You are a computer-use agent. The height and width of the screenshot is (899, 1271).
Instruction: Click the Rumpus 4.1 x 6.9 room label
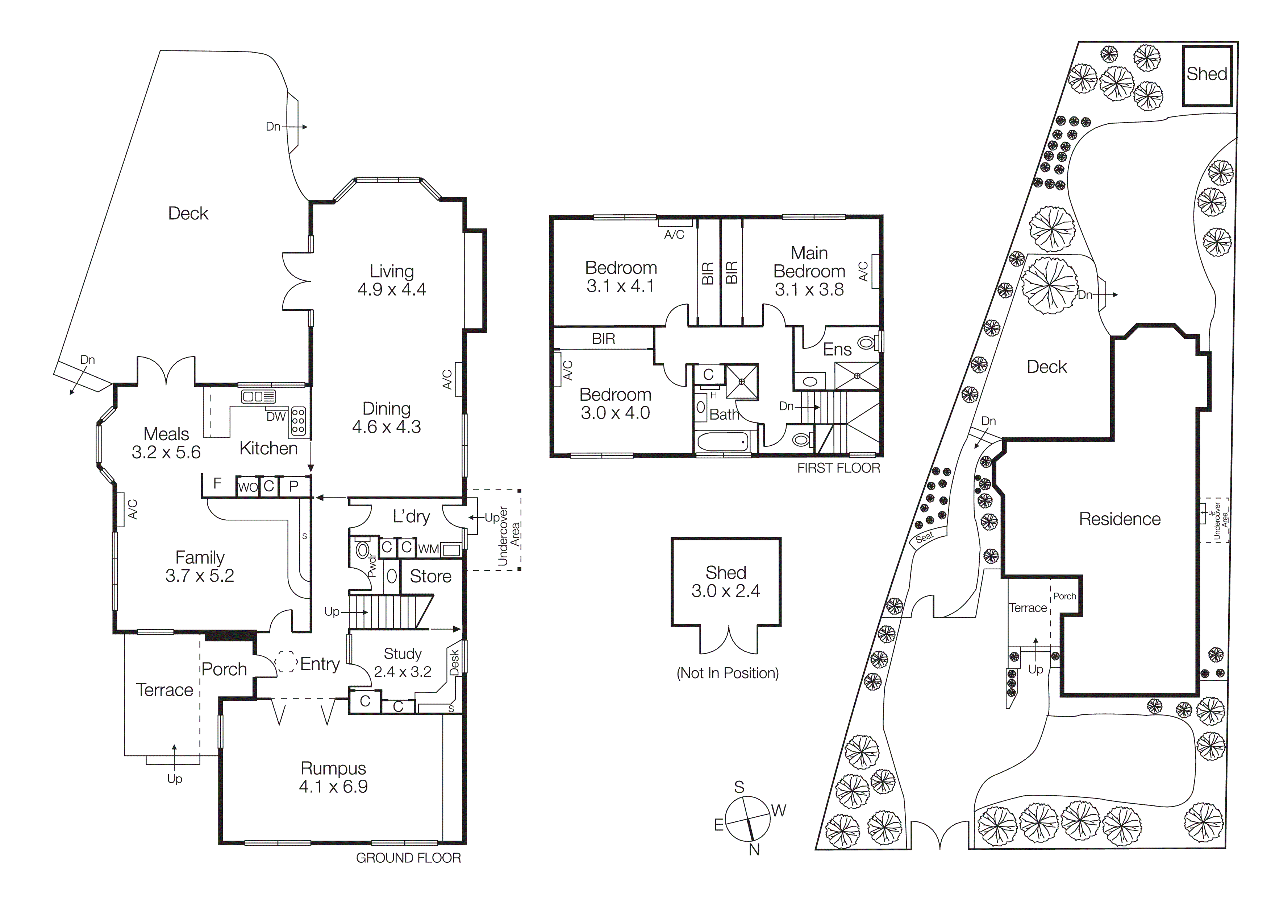tap(333, 777)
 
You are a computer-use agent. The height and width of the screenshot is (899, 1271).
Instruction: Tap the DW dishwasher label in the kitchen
tap(276, 417)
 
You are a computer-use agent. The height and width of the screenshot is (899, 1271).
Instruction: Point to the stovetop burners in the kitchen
tap(299, 420)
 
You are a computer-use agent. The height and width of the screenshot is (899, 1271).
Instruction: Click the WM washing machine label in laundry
tap(429, 549)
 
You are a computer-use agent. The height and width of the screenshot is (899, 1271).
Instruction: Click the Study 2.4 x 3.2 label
tap(403, 663)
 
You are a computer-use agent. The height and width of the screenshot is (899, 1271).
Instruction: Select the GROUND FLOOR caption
tap(408, 858)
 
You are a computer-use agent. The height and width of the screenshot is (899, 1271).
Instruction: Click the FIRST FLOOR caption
tap(838, 468)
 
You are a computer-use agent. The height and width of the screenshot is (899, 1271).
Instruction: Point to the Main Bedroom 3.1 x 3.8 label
tap(809, 271)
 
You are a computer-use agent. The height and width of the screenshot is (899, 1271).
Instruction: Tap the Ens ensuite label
tap(837, 350)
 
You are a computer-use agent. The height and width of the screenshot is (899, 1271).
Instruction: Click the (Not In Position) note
tap(728, 673)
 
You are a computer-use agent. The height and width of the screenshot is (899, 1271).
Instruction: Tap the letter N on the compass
tap(754, 850)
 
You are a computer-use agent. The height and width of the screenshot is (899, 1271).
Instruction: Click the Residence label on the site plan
tap(1119, 519)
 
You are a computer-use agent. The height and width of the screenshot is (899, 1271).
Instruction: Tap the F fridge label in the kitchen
tap(217, 483)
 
